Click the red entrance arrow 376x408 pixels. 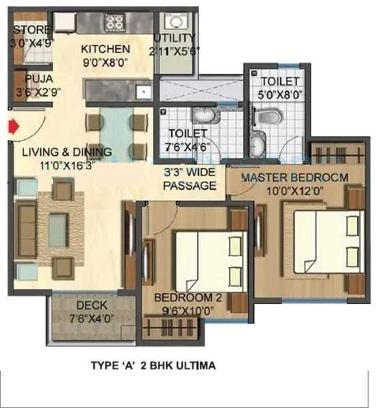12,126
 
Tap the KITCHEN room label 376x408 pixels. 105,49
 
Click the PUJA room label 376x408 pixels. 29,78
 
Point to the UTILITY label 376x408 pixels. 174,38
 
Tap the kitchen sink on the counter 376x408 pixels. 143,90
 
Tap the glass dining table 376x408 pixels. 116,133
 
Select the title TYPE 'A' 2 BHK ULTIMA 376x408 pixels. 153,365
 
